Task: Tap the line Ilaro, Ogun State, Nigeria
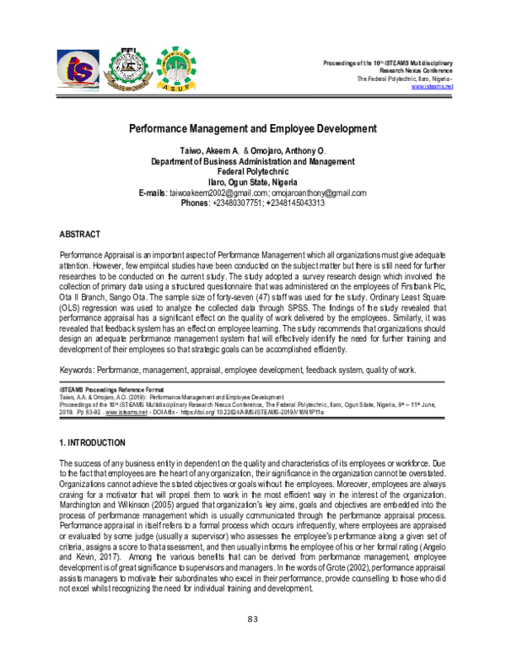[x=253, y=181]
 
